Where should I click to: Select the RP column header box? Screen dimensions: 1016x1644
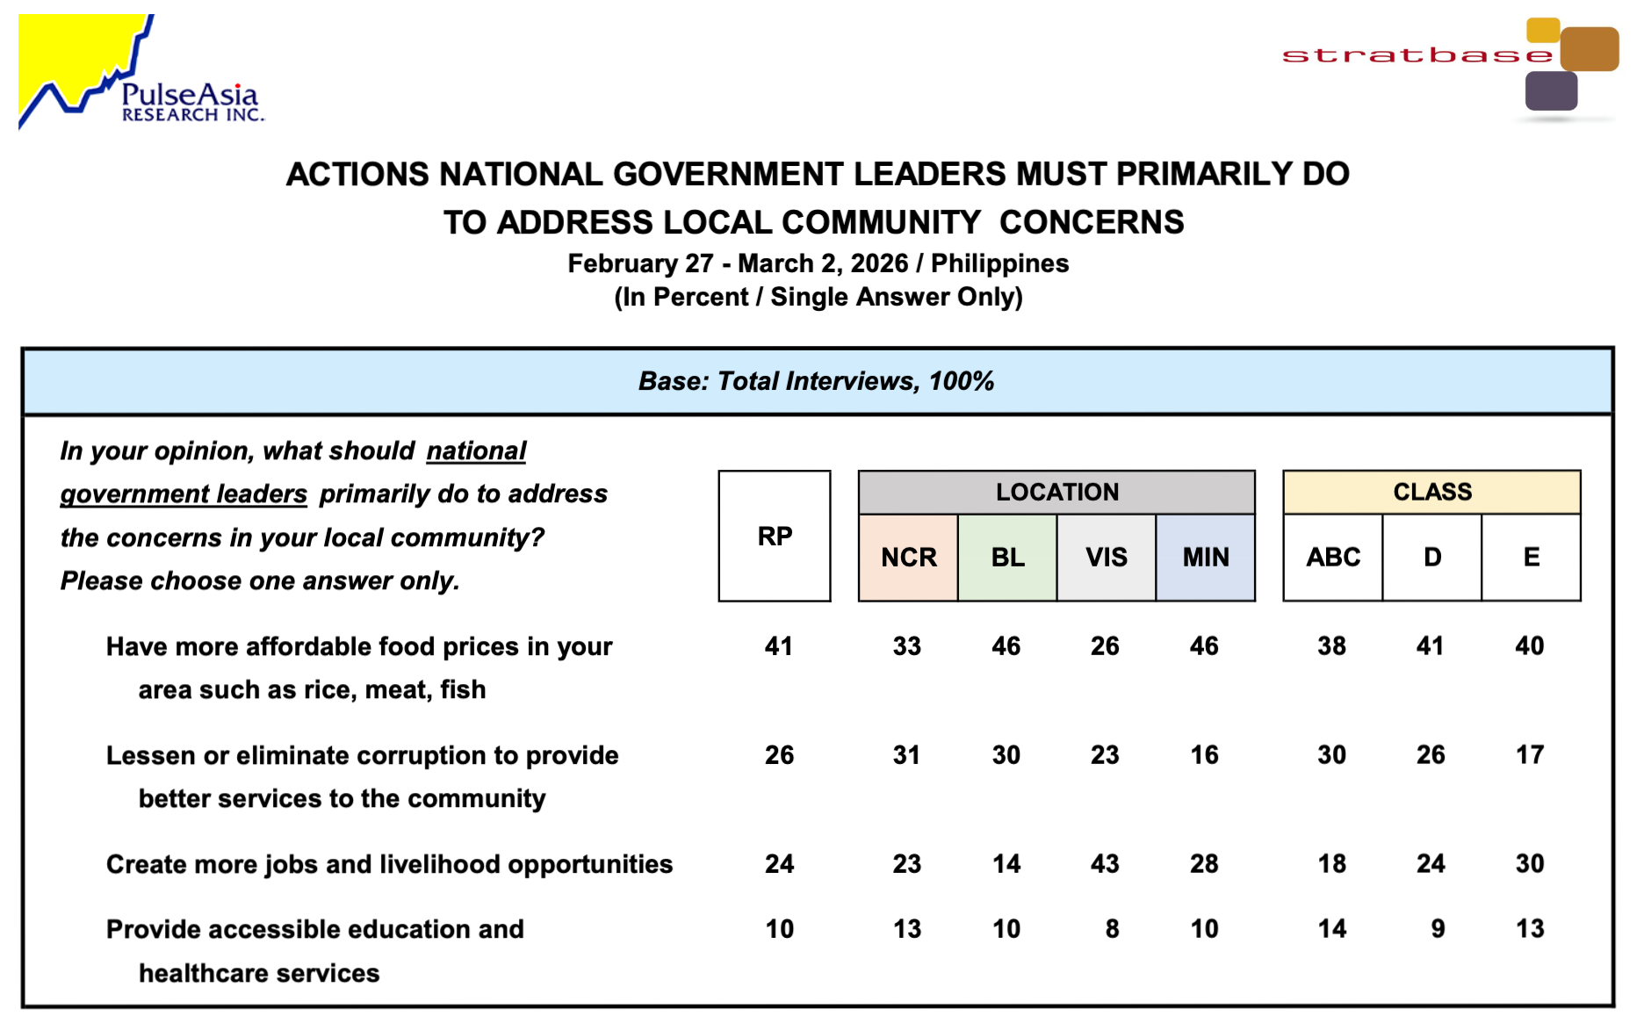[x=775, y=536]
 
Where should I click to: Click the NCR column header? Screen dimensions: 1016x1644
[x=908, y=558]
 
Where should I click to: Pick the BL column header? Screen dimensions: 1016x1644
[x=1007, y=558]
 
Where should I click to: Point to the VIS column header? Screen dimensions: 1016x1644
[x=1106, y=558]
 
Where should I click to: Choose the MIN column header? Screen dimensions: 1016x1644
[x=1205, y=558]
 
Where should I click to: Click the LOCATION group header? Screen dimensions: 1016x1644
[x=1056, y=492]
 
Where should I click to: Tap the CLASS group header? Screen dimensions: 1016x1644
[x=1431, y=492]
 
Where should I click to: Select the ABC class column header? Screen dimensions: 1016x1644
[x=1332, y=558]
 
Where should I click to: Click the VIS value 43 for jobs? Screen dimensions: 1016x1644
[x=1105, y=864]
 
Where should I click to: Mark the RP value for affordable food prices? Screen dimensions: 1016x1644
[x=778, y=646]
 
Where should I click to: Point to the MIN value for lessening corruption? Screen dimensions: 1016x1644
[x=1204, y=755]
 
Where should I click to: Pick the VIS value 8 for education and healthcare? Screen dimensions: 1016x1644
[x=1112, y=929]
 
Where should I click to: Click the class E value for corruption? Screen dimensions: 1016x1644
[x=1529, y=755]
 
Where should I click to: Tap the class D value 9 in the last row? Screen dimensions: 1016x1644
[x=1437, y=929]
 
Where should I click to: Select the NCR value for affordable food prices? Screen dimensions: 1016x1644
[x=906, y=646]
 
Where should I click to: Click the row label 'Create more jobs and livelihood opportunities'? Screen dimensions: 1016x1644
[x=389, y=864]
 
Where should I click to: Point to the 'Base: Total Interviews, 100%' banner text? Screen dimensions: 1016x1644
[x=816, y=381]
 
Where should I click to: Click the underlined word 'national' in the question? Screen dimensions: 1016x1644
[x=476, y=450]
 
